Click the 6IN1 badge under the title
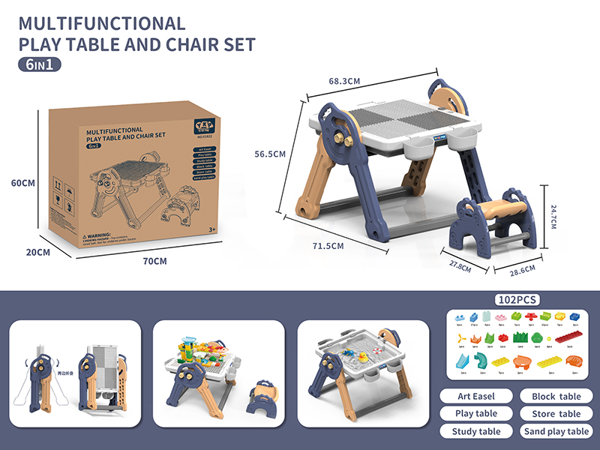click(x=39, y=64)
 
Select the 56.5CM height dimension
click(x=270, y=154)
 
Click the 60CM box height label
click(x=22, y=182)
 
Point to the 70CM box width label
click(x=155, y=261)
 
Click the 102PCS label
click(x=517, y=299)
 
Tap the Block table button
click(x=556, y=396)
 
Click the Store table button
click(x=556, y=413)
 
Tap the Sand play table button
click(x=556, y=431)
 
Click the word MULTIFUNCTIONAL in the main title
click(x=100, y=23)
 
